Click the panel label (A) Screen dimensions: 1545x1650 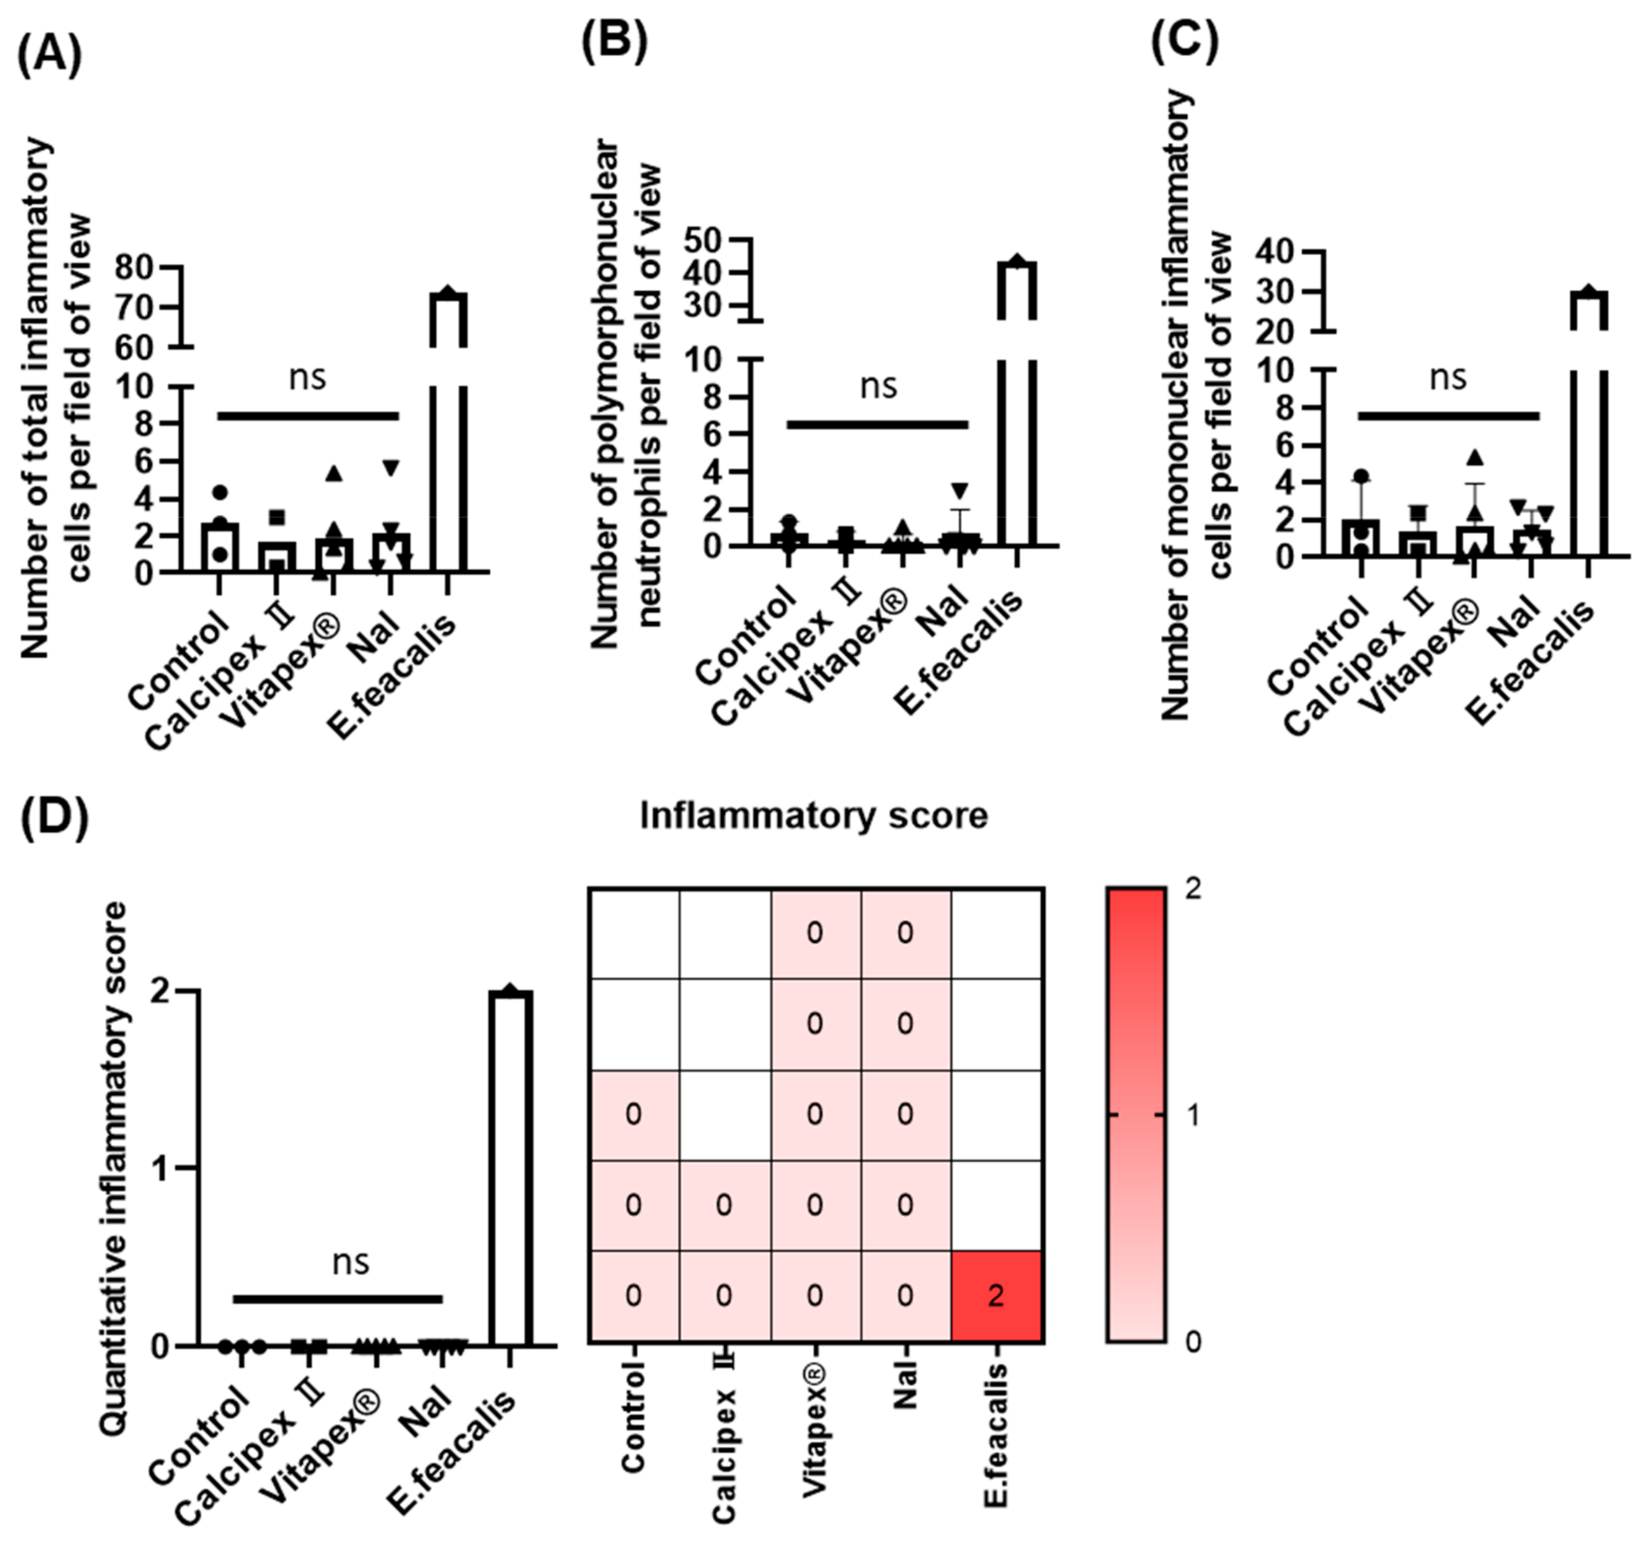50,56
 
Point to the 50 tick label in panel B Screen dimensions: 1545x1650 705,240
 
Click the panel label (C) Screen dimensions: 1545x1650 1185,41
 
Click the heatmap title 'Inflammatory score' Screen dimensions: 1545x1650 813,816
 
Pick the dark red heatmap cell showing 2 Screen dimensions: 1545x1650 997,1296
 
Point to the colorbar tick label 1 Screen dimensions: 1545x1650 1193,1116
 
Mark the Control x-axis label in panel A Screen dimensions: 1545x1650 178,661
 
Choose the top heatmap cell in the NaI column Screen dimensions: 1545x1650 905,933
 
